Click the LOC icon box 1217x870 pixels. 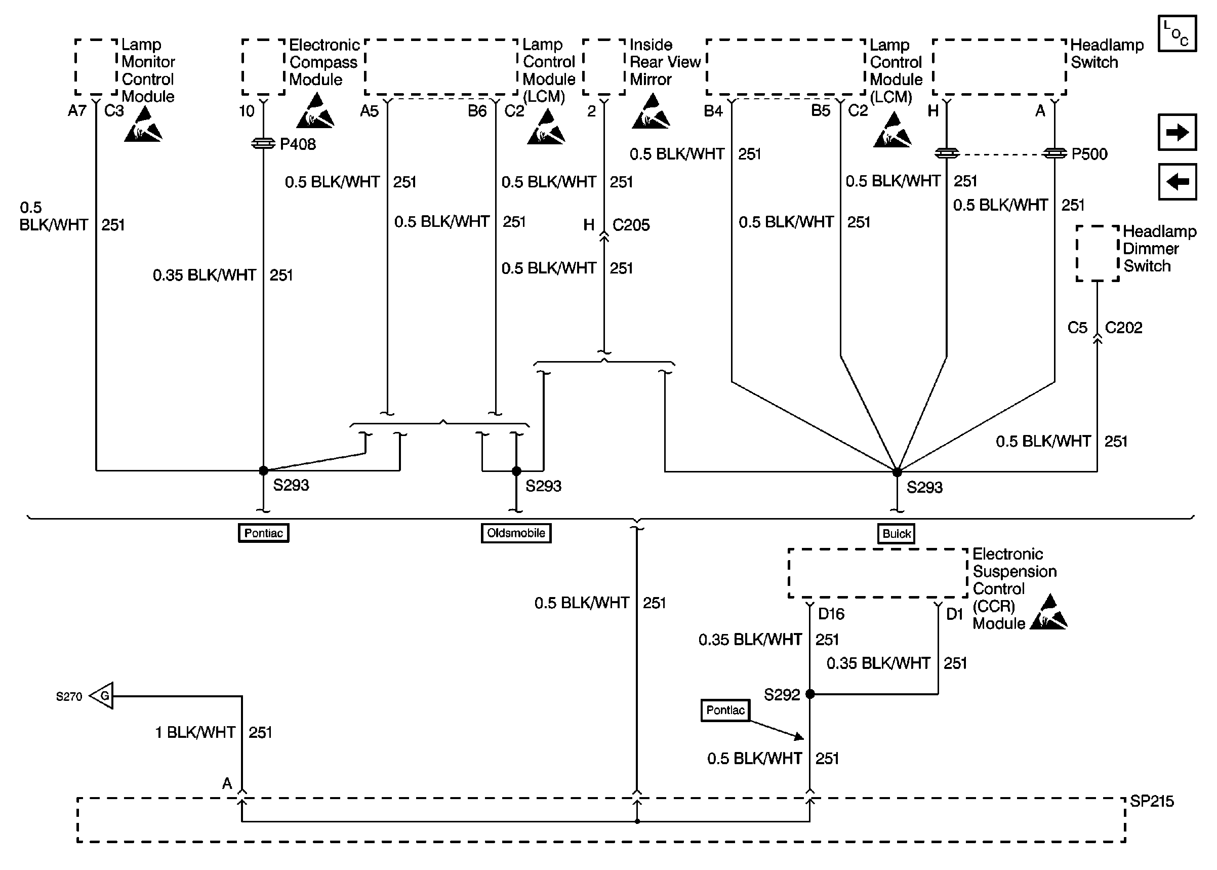click(x=1177, y=33)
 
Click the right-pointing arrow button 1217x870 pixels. click(x=1177, y=132)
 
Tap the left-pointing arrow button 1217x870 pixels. click(x=1177, y=182)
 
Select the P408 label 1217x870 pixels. click(x=298, y=144)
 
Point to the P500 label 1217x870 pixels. click(x=1089, y=154)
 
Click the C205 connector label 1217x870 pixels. click(x=631, y=225)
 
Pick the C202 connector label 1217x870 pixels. click(x=1123, y=327)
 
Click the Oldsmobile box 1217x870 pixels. click(x=516, y=533)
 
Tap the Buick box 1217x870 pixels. click(x=896, y=534)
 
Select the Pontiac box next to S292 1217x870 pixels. click(x=725, y=710)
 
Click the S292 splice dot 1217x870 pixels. click(x=810, y=694)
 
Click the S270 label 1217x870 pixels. click(x=69, y=696)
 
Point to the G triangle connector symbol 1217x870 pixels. click(x=102, y=696)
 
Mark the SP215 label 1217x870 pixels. click(x=1152, y=802)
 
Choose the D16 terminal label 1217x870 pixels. click(x=831, y=614)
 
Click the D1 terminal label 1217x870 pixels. click(x=955, y=614)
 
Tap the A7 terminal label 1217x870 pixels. click(x=77, y=111)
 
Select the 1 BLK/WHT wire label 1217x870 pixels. click(x=195, y=732)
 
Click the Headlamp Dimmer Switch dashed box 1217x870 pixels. click(x=1097, y=253)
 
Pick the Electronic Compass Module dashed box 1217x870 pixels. click(x=263, y=67)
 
